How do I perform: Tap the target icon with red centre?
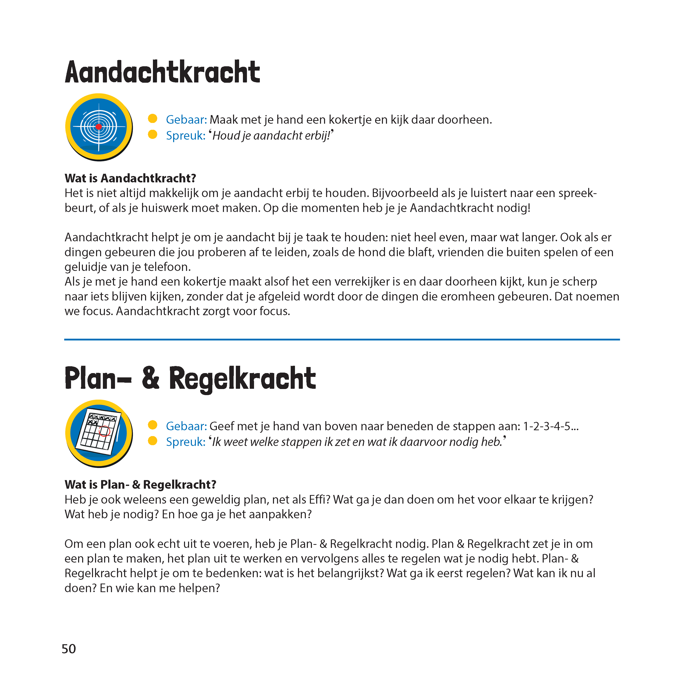click(99, 127)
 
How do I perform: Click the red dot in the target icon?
click(99, 127)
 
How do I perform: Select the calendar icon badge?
click(99, 433)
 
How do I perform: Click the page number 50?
click(69, 649)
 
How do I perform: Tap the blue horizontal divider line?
click(341, 339)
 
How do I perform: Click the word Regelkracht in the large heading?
click(242, 379)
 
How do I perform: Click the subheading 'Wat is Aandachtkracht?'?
click(130, 178)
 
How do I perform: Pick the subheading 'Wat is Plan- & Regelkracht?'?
click(140, 485)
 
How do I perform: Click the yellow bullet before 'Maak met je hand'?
click(153, 119)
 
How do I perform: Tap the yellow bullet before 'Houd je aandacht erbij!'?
click(153, 134)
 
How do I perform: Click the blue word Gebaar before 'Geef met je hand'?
click(186, 426)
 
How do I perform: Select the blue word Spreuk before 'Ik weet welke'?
click(185, 442)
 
